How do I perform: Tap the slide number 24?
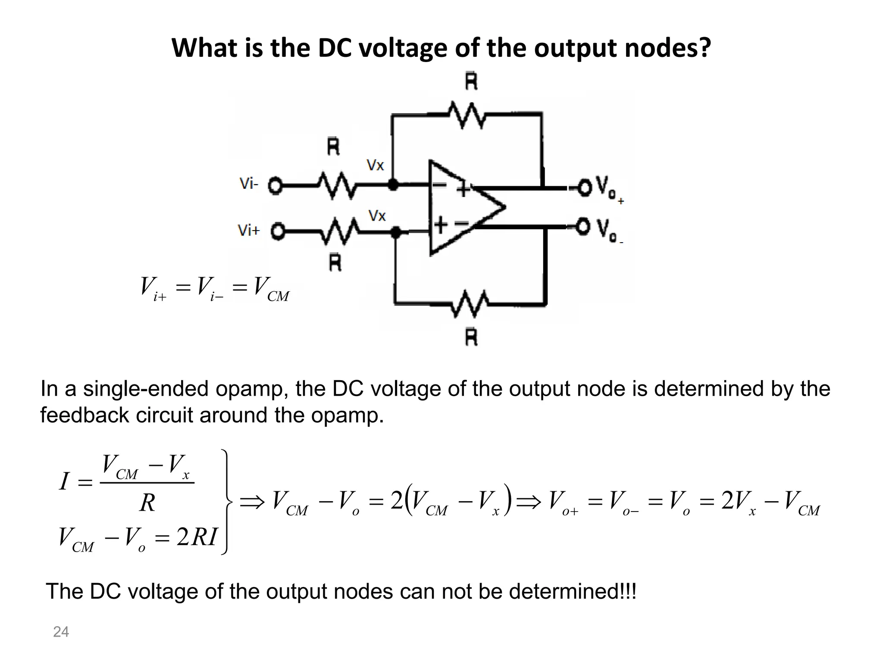(61, 632)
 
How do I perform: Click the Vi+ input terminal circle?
(278, 232)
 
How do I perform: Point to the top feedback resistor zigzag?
(467, 115)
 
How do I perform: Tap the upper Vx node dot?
(393, 185)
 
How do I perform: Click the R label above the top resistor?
(471, 82)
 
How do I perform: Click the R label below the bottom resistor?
(471, 337)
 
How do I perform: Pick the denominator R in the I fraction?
(147, 503)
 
